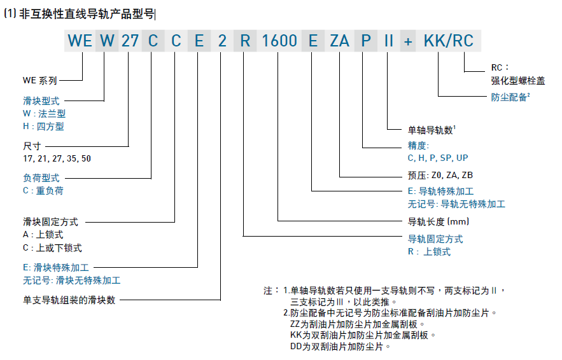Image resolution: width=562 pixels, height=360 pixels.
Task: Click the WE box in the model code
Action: [x=80, y=42]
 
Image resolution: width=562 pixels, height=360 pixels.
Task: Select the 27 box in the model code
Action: [x=129, y=42]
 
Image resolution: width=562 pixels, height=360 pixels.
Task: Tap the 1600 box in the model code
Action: [x=279, y=42]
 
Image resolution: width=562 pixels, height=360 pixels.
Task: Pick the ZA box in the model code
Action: [x=339, y=42]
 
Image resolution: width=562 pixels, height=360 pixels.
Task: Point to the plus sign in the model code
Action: [x=409, y=42]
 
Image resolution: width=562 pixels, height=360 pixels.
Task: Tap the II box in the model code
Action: [x=389, y=42]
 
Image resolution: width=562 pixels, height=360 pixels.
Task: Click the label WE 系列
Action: [x=40, y=81]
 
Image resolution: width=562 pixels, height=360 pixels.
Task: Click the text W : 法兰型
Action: [x=44, y=113]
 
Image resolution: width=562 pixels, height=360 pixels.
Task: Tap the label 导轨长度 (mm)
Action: [x=438, y=222]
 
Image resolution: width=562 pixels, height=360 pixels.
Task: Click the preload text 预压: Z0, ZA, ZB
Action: [x=440, y=175]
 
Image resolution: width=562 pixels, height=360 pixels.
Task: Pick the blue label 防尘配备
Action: [x=509, y=97]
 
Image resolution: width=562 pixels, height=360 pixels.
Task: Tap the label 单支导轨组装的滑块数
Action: [x=69, y=299]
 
